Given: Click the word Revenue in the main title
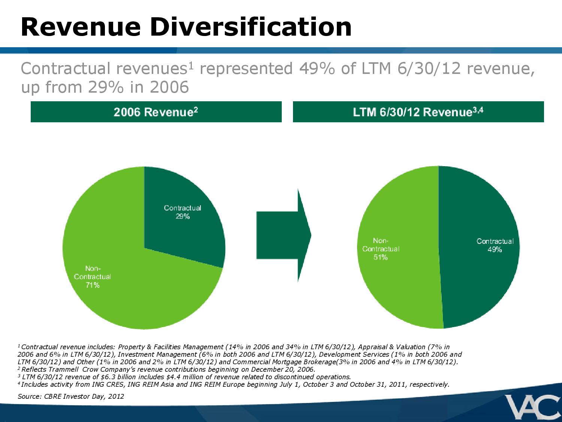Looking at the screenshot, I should click(x=81, y=27).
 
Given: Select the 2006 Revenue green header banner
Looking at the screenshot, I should click(x=156, y=112).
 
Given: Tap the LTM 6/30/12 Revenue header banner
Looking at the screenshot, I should click(x=418, y=112).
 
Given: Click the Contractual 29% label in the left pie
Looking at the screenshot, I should click(x=182, y=212).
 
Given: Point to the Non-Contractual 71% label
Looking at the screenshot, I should click(x=93, y=277).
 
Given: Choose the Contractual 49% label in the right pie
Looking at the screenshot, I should click(x=495, y=245).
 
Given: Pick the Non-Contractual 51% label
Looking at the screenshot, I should click(x=381, y=249).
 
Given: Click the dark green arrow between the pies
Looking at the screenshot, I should click(x=284, y=235).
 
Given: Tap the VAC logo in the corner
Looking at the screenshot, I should click(x=532, y=407).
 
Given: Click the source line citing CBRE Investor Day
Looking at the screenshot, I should click(x=71, y=396).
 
